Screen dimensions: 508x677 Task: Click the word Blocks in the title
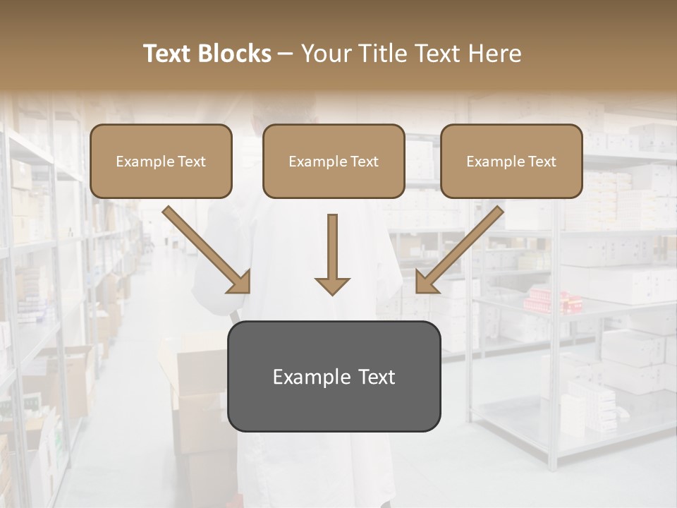pyautogui.click(x=234, y=54)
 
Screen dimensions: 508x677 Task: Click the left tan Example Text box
pyautogui.click(x=161, y=161)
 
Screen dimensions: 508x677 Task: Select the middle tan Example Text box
pyautogui.click(x=334, y=161)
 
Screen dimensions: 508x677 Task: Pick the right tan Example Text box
pyautogui.click(x=511, y=161)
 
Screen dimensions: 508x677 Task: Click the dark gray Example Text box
pyautogui.click(x=334, y=376)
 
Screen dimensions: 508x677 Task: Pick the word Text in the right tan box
pyautogui.click(x=542, y=162)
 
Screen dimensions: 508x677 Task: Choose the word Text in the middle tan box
pyautogui.click(x=364, y=162)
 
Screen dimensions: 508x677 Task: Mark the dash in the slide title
pyautogui.click(x=286, y=54)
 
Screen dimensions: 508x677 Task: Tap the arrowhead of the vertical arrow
pyautogui.click(x=332, y=285)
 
